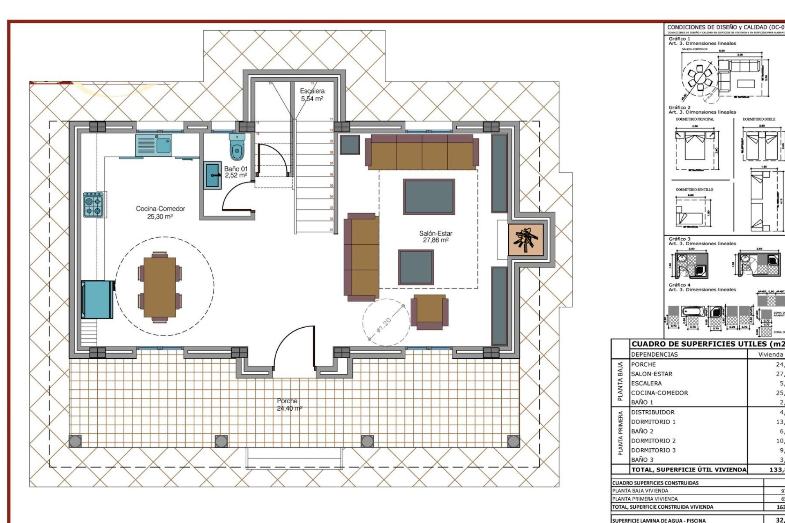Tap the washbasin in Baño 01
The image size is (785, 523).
(x=213, y=175)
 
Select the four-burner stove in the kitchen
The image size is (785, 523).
(x=93, y=206)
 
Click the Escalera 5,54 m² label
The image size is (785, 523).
(x=312, y=95)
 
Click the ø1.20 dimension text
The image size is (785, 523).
(x=384, y=325)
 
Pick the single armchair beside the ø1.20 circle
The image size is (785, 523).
(x=429, y=312)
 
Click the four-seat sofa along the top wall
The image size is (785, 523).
(x=422, y=152)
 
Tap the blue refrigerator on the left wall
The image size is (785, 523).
(x=97, y=299)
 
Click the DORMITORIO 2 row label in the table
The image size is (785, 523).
(x=653, y=441)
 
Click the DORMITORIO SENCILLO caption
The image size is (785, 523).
(x=694, y=190)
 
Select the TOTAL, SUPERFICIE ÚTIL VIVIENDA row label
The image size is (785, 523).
(x=689, y=470)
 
